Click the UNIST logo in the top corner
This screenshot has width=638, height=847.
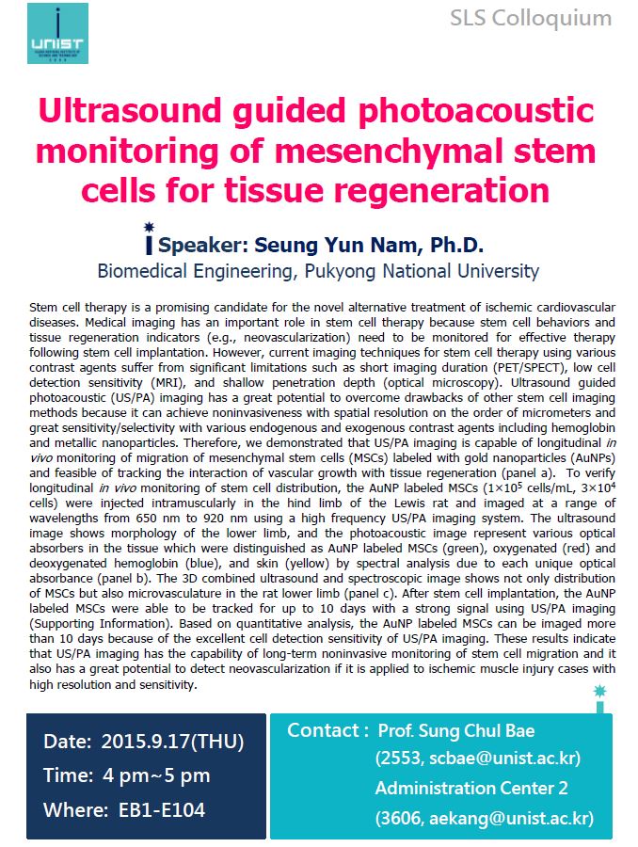[58, 34]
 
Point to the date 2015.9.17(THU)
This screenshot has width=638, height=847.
[172, 741]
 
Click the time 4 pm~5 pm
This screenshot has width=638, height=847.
[155, 775]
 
